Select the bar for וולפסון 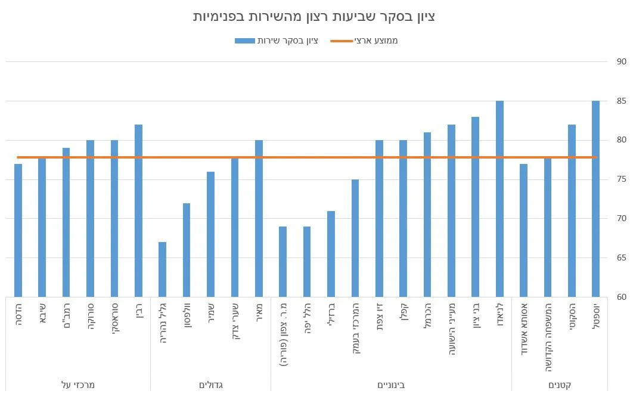[187, 250]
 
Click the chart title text [314, 17]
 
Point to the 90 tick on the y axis [621, 61]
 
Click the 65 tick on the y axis [621, 258]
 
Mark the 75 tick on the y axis [621, 179]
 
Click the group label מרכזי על [78, 384]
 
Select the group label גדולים [210, 384]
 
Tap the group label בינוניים [391, 384]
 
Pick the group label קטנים [559, 384]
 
